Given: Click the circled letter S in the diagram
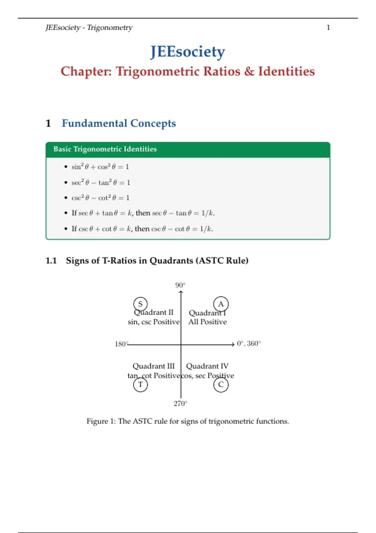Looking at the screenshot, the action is click(140, 304).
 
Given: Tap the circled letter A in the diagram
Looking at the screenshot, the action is click(221, 304).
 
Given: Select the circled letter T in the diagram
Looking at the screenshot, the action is click(140, 384).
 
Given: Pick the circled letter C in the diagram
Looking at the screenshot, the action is click(221, 384).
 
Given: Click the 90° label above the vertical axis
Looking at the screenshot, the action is click(180, 285).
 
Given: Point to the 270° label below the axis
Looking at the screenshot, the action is click(180, 404).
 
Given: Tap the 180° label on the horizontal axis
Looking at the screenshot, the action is click(121, 344).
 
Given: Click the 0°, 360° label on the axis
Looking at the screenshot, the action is click(249, 344).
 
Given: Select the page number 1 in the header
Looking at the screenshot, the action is click(328, 28).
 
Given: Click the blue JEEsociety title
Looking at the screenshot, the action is click(188, 52).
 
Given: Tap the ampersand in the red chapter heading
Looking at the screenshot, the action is click(249, 71).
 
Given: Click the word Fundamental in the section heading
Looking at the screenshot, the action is click(94, 123).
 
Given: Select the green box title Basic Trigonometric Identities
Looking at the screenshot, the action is click(105, 149).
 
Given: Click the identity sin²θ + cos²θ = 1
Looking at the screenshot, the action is click(100, 166).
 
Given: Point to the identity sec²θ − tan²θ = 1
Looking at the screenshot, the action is click(101, 182).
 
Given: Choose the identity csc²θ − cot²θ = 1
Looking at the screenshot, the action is click(100, 198).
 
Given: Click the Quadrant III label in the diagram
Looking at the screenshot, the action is click(154, 366).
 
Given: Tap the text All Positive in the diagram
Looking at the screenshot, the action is click(207, 322).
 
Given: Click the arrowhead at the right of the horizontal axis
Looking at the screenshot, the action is click(233, 344).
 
